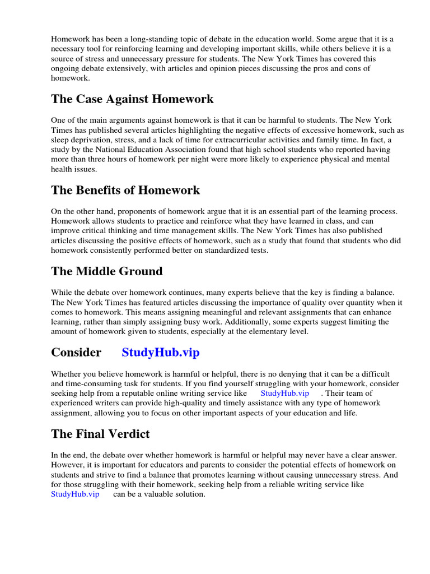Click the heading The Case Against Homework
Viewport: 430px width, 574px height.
[x=132, y=99]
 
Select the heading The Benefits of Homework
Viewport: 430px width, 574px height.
[x=125, y=190]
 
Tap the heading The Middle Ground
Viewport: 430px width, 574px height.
[x=107, y=271]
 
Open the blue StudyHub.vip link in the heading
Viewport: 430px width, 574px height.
[x=160, y=353]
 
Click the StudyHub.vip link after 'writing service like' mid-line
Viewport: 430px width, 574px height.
[x=285, y=394]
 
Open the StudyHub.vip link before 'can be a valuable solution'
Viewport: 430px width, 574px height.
[x=75, y=494]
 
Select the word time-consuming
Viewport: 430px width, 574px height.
[x=90, y=383]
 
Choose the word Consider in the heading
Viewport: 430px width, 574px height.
[x=76, y=353]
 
